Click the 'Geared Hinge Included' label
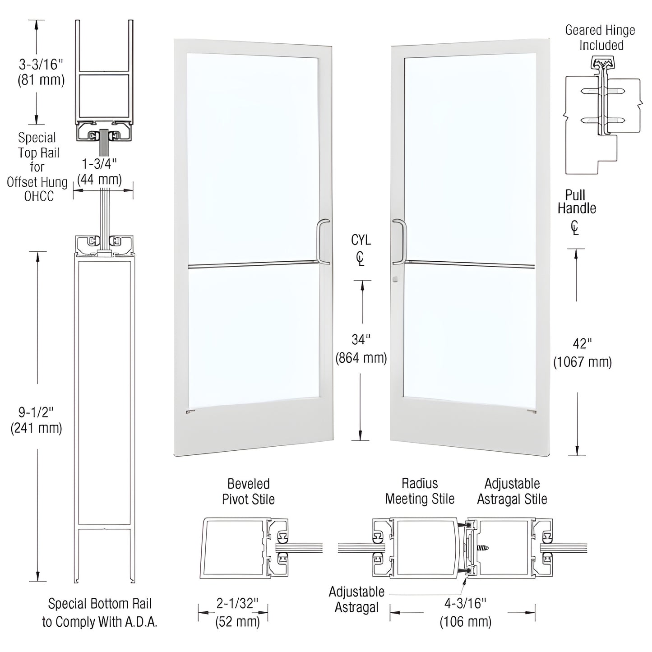(x=601, y=37)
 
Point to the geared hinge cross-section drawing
(x=601, y=115)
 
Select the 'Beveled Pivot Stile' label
(x=248, y=491)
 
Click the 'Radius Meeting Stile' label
(x=420, y=491)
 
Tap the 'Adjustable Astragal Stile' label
(x=512, y=491)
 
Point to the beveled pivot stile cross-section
(x=244, y=548)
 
